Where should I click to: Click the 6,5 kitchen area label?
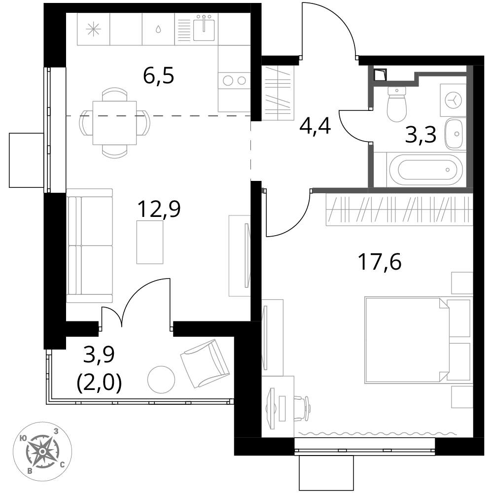[158, 76]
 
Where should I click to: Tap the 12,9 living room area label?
[159, 209]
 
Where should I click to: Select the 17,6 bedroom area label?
[380, 262]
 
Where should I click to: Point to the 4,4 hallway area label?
[315, 127]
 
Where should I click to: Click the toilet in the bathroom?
[396, 103]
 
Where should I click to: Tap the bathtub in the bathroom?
[426, 170]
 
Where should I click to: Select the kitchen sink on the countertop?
[204, 29]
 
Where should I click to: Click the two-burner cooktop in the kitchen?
[234, 81]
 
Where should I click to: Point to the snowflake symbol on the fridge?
[93, 30]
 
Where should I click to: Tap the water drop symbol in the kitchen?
[158, 30]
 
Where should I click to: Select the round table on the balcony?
[161, 379]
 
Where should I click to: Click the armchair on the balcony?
[205, 364]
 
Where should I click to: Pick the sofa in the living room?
[89, 246]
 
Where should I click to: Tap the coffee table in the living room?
[150, 242]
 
